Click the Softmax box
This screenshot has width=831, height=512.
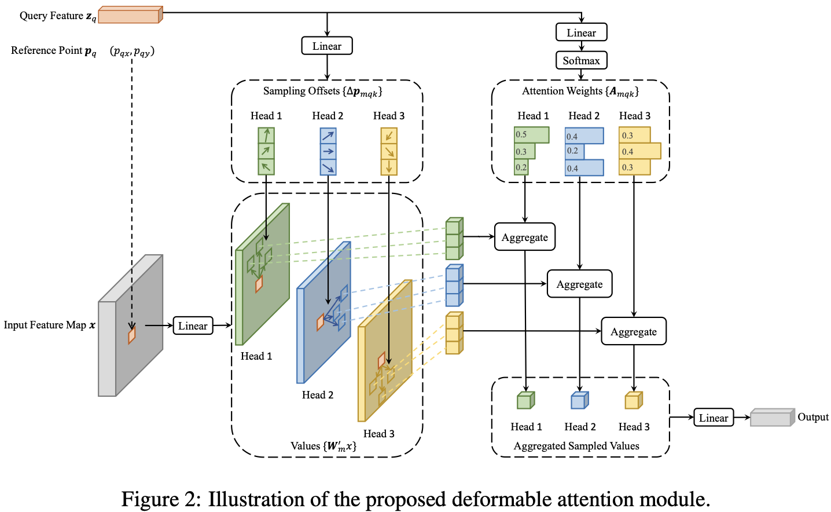coord(581,60)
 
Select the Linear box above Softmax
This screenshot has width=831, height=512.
coord(581,32)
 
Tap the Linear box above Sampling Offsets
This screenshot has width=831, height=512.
coord(327,46)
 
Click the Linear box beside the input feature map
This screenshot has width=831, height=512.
coord(193,326)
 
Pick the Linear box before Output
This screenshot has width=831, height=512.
coord(714,418)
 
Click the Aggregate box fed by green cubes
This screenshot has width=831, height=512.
coord(525,237)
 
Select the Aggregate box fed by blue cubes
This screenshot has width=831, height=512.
coord(579,284)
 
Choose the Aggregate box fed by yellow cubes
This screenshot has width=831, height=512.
coord(634,331)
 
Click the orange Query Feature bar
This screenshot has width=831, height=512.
coord(130,14)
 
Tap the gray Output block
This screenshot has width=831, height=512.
coord(771,418)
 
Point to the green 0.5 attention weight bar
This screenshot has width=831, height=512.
coord(531,134)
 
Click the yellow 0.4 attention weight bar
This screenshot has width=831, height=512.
coord(639,151)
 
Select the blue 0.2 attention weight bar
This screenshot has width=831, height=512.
coord(575,151)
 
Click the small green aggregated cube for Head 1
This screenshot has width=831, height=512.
coord(525,400)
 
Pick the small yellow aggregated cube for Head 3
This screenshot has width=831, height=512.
coord(633,400)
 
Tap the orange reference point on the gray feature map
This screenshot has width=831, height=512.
coord(132,335)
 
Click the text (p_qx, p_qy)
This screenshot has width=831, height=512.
coord(132,52)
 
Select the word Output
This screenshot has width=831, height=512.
coord(812,417)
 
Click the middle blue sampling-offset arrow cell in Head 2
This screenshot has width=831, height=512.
coord(328,151)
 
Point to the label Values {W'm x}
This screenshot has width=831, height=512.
coord(323,446)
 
